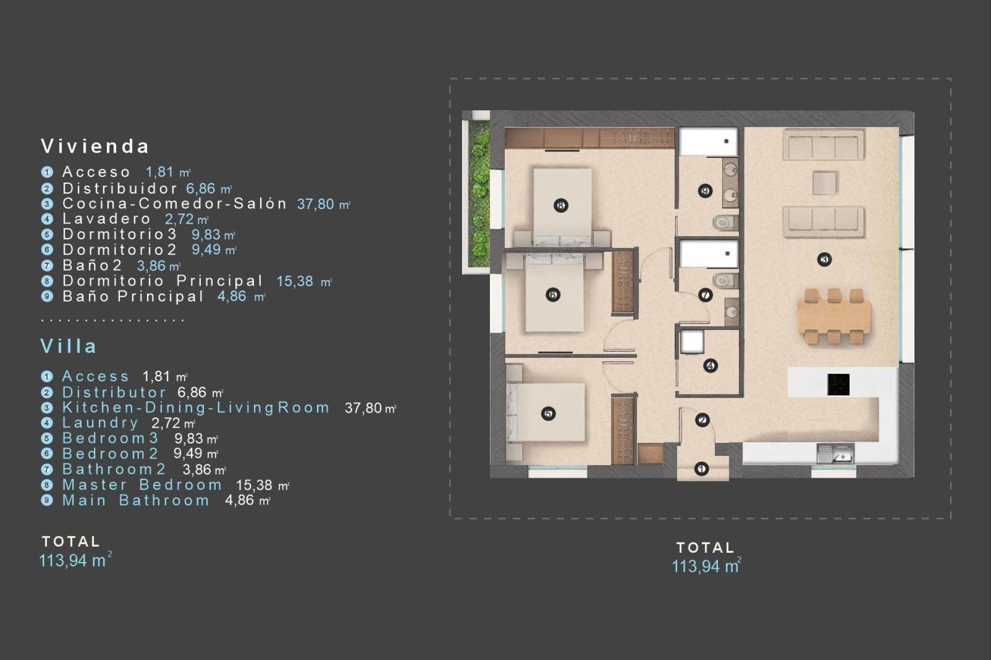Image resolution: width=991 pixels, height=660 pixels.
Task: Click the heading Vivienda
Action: click(x=95, y=146)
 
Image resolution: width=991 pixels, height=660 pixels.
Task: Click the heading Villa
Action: click(x=69, y=346)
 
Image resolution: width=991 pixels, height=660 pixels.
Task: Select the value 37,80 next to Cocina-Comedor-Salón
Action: click(x=316, y=204)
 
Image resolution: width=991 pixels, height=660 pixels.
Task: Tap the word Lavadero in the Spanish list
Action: click(x=106, y=219)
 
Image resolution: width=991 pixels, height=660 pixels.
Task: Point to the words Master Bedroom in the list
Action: click(x=142, y=485)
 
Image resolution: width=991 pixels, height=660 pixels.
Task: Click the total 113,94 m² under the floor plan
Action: click(x=705, y=566)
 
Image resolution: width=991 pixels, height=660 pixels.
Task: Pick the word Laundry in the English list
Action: click(x=100, y=423)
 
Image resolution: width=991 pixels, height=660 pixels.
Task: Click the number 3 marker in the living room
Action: click(x=824, y=259)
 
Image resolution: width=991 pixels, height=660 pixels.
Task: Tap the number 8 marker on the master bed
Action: click(x=561, y=205)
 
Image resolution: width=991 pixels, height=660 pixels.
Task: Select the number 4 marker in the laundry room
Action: click(x=710, y=366)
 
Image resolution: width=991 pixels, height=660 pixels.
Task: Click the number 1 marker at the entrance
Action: click(x=701, y=469)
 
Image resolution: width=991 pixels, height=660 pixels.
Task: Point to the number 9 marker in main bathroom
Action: click(x=705, y=191)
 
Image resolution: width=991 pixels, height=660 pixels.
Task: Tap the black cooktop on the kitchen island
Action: click(x=838, y=385)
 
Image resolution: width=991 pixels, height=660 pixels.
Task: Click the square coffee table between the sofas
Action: click(x=824, y=183)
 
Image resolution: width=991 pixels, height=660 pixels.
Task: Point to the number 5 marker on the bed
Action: click(x=548, y=413)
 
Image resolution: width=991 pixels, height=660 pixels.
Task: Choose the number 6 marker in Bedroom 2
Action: click(x=553, y=295)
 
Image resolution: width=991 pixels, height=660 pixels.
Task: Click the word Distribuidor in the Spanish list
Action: click(x=120, y=189)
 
